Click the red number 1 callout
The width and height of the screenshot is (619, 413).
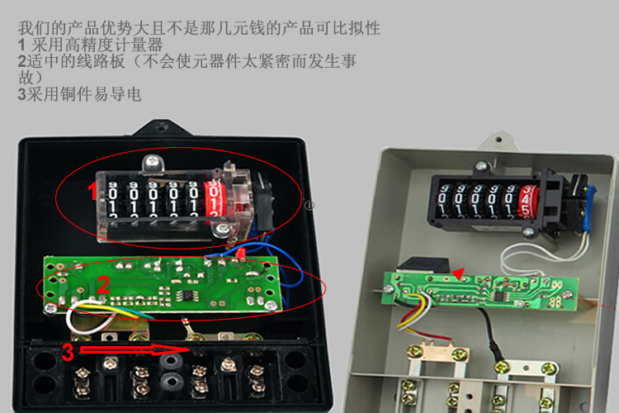(92, 191)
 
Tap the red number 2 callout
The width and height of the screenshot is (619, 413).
(103, 284)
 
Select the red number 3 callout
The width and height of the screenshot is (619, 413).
(68, 351)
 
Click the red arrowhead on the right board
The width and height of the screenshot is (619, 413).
(458, 274)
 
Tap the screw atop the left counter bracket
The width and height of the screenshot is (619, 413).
(152, 162)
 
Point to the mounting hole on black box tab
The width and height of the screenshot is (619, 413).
(161, 126)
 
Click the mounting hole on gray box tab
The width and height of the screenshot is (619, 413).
(499, 140)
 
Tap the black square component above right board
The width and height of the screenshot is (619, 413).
(423, 265)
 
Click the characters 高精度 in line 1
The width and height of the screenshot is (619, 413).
(89, 45)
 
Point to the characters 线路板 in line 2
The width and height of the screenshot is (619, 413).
(101, 61)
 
